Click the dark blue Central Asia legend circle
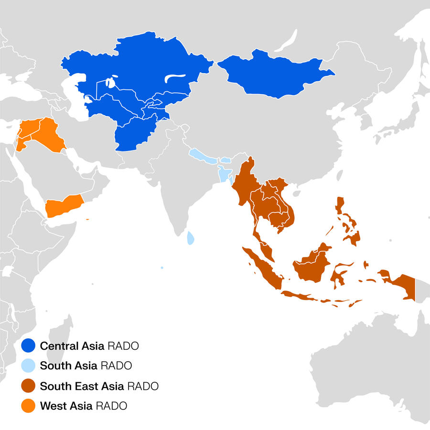coord(30,345)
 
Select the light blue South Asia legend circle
coord(30,366)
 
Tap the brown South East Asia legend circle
coord(30,386)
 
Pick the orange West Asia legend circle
coord(30,406)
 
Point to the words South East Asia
coord(82,386)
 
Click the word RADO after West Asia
coord(111,406)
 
